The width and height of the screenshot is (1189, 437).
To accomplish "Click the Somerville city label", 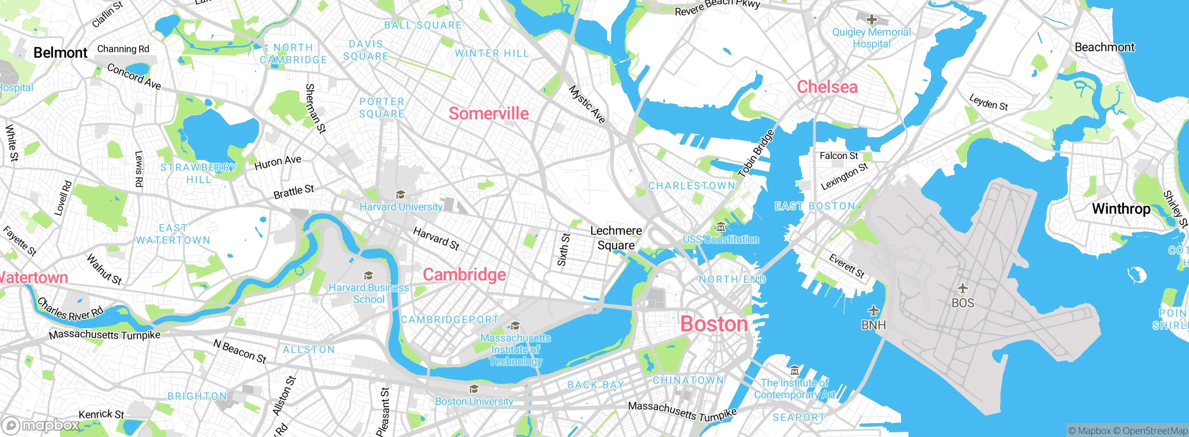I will pyautogui.click(x=489, y=113).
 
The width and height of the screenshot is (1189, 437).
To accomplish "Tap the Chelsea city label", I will pyautogui.click(x=827, y=87).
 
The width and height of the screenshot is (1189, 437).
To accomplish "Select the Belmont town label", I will pyautogui.click(x=60, y=53).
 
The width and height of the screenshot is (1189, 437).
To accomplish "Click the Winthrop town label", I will pyautogui.click(x=1121, y=208).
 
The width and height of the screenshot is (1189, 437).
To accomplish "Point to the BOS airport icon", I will pyautogui.click(x=963, y=289).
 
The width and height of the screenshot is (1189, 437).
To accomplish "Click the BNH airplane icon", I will pyautogui.click(x=874, y=310).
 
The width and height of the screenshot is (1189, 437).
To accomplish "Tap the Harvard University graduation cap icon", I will pyautogui.click(x=400, y=194).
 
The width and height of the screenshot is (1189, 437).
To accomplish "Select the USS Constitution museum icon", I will pyautogui.click(x=720, y=227).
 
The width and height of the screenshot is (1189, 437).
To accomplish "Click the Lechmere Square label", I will pyautogui.click(x=616, y=238).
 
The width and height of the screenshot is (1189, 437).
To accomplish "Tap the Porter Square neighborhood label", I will pyautogui.click(x=382, y=107).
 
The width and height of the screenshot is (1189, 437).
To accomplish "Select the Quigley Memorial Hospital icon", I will pyautogui.click(x=872, y=20).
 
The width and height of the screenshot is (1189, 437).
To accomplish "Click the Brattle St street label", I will pyautogui.click(x=294, y=192).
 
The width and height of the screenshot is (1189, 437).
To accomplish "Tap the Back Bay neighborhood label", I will pyautogui.click(x=596, y=384).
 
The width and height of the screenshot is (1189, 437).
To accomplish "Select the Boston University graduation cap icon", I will pyautogui.click(x=474, y=389).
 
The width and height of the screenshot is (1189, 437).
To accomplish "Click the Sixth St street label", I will pyautogui.click(x=563, y=250).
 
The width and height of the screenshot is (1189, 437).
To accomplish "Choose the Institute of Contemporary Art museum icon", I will pyautogui.click(x=795, y=371).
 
